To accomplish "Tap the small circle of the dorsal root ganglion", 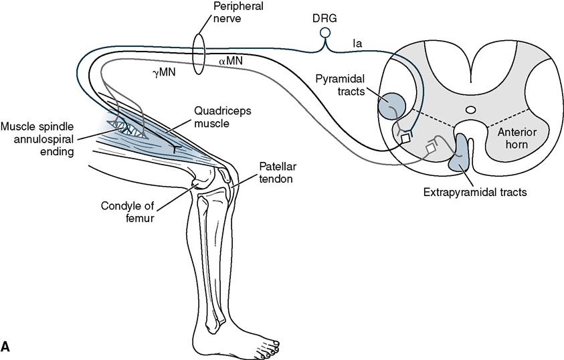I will (325, 32).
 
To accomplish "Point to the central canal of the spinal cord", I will (470, 109).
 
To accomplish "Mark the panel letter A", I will (6, 347).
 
